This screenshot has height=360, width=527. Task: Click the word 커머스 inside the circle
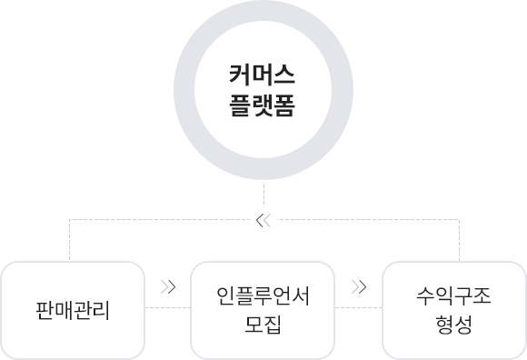[263, 75]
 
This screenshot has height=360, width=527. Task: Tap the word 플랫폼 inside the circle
[263, 105]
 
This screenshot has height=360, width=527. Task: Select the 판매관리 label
[72, 311]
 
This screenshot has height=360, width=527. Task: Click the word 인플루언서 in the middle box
[263, 296]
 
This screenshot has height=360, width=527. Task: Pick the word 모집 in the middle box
[263, 325]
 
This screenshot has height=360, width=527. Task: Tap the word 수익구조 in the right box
[454, 296]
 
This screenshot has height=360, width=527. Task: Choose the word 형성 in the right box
[454, 325]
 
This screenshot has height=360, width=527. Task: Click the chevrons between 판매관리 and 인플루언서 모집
[167, 287]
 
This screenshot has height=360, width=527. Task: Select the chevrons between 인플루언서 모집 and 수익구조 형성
[358, 287]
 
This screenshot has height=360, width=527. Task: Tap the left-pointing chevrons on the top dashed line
[263, 219]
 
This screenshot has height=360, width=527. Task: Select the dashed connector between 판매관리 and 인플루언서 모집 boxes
[167, 309]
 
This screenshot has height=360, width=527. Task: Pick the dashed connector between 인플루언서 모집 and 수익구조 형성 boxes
[358, 309]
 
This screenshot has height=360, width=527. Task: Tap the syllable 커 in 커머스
[240, 75]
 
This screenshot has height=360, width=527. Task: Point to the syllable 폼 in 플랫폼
[285, 105]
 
